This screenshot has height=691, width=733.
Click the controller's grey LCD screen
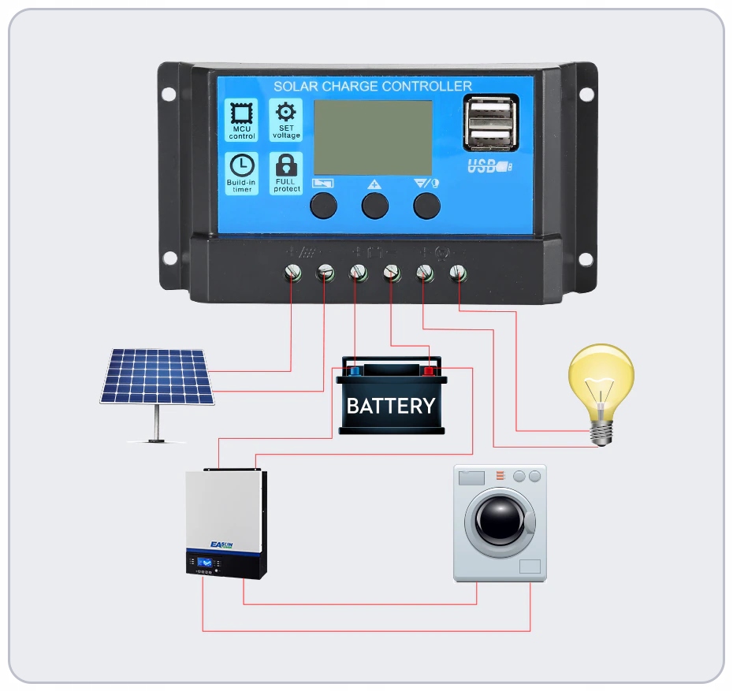[373, 137]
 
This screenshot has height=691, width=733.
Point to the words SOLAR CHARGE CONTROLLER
[372, 86]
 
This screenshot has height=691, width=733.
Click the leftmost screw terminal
[292, 273]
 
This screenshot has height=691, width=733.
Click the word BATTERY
[391, 406]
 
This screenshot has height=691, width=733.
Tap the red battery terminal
[430, 370]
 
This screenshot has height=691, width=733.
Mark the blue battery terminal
[354, 370]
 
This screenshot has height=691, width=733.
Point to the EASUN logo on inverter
[221, 544]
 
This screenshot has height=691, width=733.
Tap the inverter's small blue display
[203, 563]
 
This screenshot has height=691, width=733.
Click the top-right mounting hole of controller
[586, 95]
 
